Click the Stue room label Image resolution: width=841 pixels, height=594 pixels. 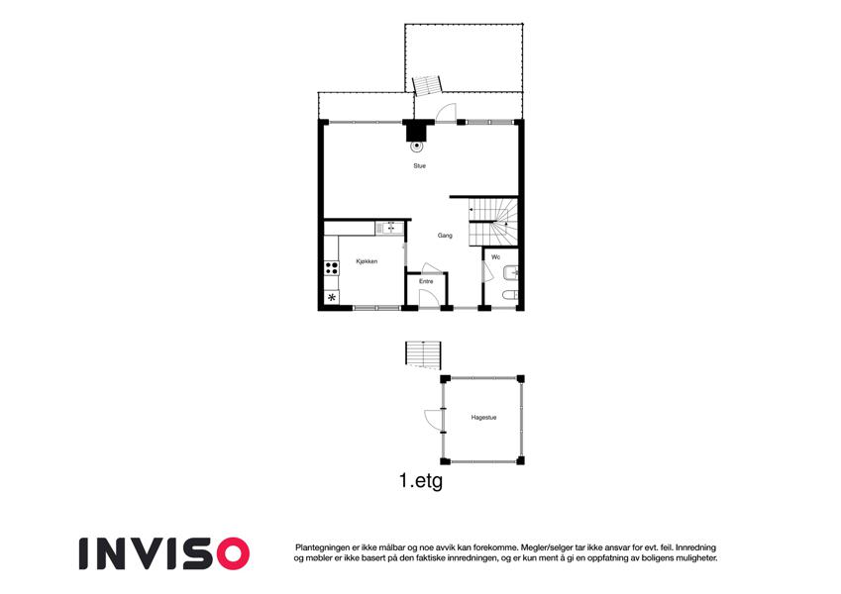pyautogui.click(x=419, y=166)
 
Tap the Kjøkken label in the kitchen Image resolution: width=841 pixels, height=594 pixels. pyautogui.click(x=367, y=261)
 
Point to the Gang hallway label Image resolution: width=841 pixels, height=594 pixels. pyautogui.click(x=445, y=236)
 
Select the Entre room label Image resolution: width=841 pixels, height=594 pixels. pyautogui.click(x=426, y=281)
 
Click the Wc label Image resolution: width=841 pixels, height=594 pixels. pyautogui.click(x=496, y=257)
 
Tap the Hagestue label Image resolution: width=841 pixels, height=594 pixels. pyautogui.click(x=483, y=418)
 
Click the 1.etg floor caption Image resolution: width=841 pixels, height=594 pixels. pyautogui.click(x=421, y=480)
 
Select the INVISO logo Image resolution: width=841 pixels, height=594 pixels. pyautogui.click(x=164, y=553)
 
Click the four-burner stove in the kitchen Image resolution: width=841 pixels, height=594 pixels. pyautogui.click(x=332, y=267)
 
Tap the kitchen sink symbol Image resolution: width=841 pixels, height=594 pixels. pyautogui.click(x=390, y=229)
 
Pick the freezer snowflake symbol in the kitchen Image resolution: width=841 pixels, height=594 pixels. pyautogui.click(x=332, y=297)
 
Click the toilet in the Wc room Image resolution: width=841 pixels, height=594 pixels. pyautogui.click(x=510, y=294)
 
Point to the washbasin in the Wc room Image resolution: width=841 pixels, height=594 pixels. pyautogui.click(x=511, y=273)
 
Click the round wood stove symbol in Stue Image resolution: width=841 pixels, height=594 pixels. pyautogui.click(x=416, y=146)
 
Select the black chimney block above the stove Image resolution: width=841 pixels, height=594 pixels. pyautogui.click(x=416, y=131)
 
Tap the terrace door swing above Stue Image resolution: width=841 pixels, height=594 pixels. pyautogui.click(x=446, y=113)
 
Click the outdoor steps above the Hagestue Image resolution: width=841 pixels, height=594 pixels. pyautogui.click(x=423, y=354)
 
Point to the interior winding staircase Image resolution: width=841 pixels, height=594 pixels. pyautogui.click(x=493, y=223)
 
